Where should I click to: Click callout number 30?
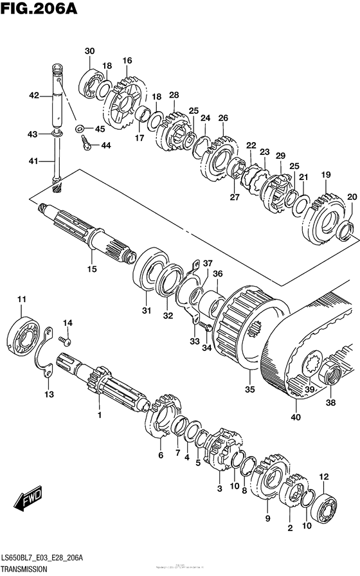pos(89,51)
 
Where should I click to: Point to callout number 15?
pos(92,269)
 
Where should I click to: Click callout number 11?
pos(22,300)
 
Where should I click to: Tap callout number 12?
pos(323,476)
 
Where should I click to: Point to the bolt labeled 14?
pos(64,338)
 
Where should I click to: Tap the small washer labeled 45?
pos(80,129)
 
